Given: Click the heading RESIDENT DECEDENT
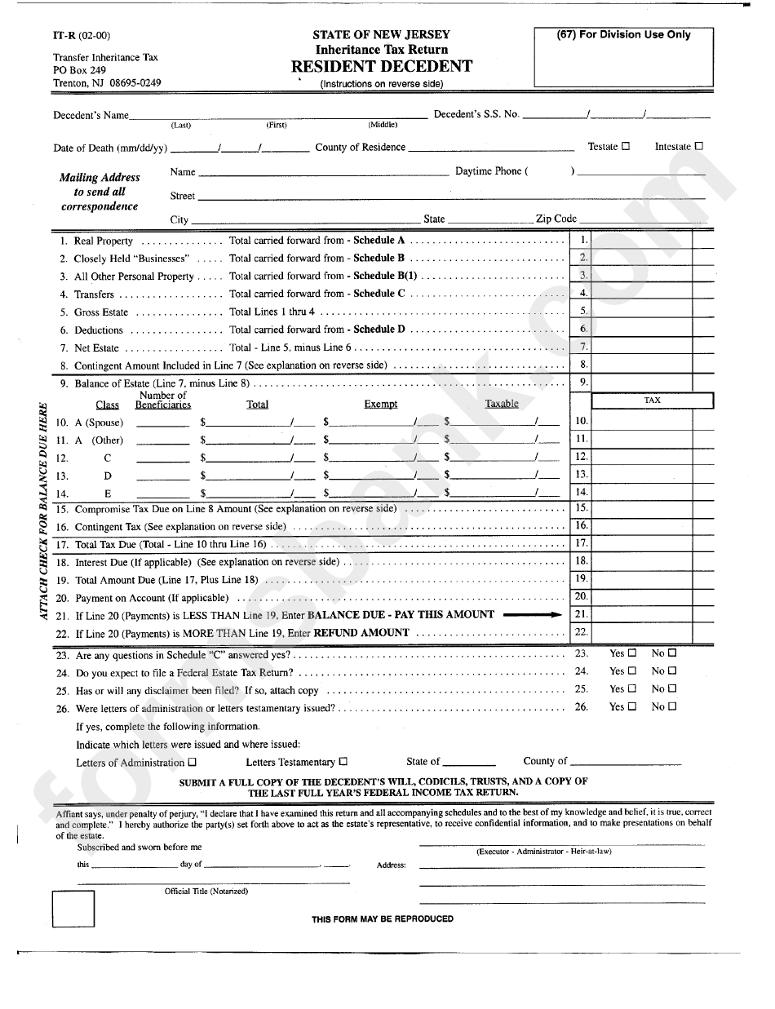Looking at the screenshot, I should click(x=381, y=67).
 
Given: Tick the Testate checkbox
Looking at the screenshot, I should click(x=626, y=147).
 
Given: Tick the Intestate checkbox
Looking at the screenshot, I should click(x=698, y=147).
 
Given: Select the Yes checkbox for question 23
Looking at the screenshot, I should click(x=632, y=653).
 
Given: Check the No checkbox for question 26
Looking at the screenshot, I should click(x=672, y=707).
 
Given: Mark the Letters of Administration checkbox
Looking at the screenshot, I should click(x=193, y=763).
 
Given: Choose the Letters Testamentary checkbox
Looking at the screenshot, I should click(x=343, y=763).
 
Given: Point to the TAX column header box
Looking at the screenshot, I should click(x=652, y=401).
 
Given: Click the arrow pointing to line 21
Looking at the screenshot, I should click(x=533, y=615).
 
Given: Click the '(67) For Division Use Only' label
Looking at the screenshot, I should click(x=623, y=35).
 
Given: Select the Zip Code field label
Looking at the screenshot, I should click(x=556, y=219).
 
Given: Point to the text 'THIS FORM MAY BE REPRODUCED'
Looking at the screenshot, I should click(x=382, y=918).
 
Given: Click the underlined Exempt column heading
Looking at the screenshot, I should click(x=381, y=405).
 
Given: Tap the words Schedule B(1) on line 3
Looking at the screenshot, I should click(x=384, y=276).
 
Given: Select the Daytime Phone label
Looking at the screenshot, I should click(x=487, y=171).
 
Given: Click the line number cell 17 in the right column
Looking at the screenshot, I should click(x=581, y=543).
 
